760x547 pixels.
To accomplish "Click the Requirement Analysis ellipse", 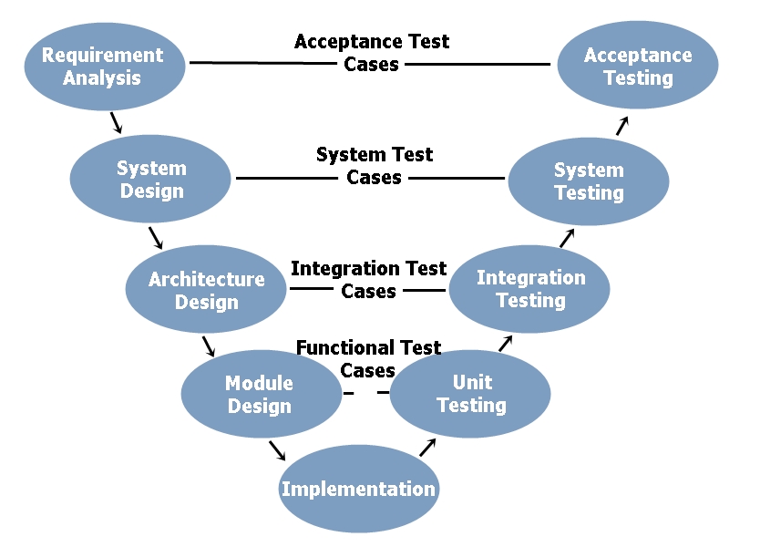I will point(103,67).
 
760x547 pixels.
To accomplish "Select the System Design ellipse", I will point(151,180).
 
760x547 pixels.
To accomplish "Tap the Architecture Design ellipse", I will point(207,290).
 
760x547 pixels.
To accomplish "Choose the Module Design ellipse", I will point(260,394).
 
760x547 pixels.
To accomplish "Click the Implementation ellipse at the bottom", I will point(358,489).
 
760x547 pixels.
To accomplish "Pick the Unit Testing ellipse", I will point(471,394).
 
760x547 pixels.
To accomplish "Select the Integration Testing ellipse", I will point(530,288).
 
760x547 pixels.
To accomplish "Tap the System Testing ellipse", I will point(589,181).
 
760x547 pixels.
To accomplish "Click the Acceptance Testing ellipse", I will point(638,67).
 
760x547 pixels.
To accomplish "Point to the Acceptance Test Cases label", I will point(372,53).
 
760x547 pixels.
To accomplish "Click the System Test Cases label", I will point(374,166).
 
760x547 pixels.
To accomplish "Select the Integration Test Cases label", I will point(368,280).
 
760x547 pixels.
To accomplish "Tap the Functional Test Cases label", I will point(368,358).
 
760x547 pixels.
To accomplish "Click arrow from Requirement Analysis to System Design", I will point(116,123).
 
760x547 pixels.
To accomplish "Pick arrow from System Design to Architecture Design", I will point(155,237).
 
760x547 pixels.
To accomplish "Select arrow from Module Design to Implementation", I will point(277,450).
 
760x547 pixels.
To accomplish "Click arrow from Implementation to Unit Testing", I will point(427,447).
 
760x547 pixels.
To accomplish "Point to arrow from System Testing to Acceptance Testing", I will point(622,126).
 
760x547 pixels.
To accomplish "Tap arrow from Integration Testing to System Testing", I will point(568,238).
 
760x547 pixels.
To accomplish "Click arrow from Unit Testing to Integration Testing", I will point(506,343).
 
